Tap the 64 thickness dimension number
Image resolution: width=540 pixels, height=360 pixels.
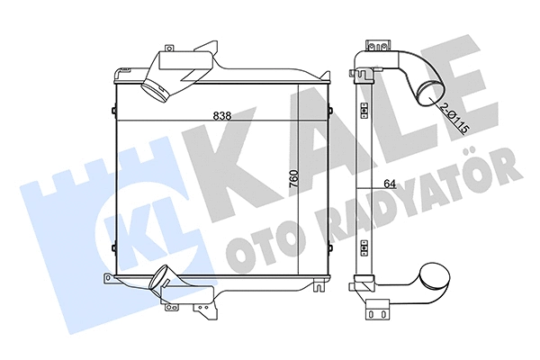pyautogui.click(x=389, y=184)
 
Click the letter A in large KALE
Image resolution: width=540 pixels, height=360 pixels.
pyautogui.click(x=306, y=144)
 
